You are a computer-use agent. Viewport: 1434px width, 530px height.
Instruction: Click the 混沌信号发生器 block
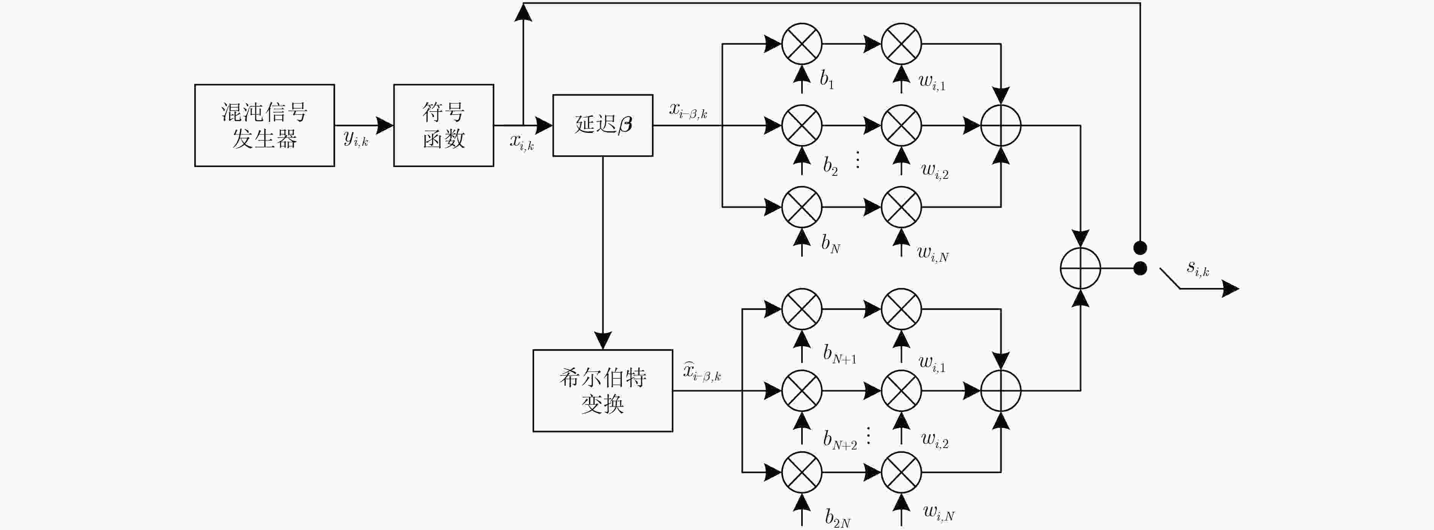(264, 125)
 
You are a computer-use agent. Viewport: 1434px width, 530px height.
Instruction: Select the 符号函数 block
(444, 125)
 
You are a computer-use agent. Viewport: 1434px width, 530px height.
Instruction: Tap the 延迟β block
(603, 125)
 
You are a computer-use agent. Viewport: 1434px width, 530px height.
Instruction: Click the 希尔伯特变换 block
(603, 391)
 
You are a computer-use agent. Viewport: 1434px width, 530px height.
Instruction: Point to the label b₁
(827, 80)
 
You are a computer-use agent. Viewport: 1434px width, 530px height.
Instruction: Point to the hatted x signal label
(702, 372)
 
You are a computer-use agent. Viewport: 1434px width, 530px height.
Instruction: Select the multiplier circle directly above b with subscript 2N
(802, 473)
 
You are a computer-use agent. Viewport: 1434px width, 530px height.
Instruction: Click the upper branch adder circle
(1001, 125)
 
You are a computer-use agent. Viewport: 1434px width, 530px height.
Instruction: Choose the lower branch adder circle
(1001, 391)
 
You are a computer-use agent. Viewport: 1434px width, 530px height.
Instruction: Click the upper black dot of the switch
(1140, 248)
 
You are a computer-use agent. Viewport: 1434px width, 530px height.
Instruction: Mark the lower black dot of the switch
(1140, 269)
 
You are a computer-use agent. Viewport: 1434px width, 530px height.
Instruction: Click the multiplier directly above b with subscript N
(802, 207)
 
